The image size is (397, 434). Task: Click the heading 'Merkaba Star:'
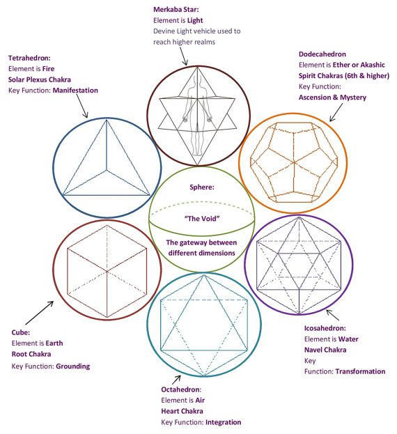tap(176, 10)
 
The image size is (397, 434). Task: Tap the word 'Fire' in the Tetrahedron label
tap(48, 69)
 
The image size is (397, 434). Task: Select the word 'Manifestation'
tap(75, 91)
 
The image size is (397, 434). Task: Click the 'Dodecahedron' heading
tap(322, 54)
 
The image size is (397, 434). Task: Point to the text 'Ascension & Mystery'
tap(332, 98)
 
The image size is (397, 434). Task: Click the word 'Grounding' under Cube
tap(72, 366)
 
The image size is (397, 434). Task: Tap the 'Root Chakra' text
tap(31, 354)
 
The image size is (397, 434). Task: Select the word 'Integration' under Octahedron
tap(224, 422)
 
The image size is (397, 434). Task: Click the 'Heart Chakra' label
tap(182, 411)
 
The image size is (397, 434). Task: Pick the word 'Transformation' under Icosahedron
tap(360, 371)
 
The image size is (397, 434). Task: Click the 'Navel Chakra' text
tap(325, 350)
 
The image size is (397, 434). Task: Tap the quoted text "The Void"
tap(202, 219)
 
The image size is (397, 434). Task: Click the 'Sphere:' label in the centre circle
tap(202, 187)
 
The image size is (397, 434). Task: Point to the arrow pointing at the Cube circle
tap(39, 313)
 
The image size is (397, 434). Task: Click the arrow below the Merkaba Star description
tap(184, 56)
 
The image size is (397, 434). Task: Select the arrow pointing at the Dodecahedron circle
tap(336, 112)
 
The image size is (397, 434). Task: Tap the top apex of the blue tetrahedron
tap(107, 120)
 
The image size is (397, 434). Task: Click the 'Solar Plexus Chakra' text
tap(40, 79)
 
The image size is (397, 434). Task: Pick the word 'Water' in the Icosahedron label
tap(348, 339)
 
